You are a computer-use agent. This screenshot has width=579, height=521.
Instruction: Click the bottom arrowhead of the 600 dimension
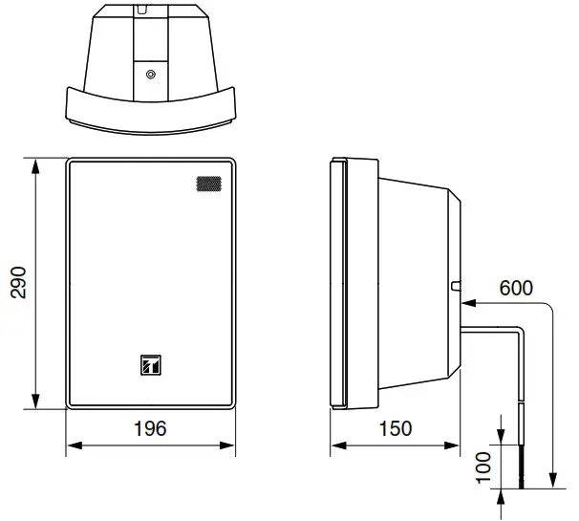[551, 484]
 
